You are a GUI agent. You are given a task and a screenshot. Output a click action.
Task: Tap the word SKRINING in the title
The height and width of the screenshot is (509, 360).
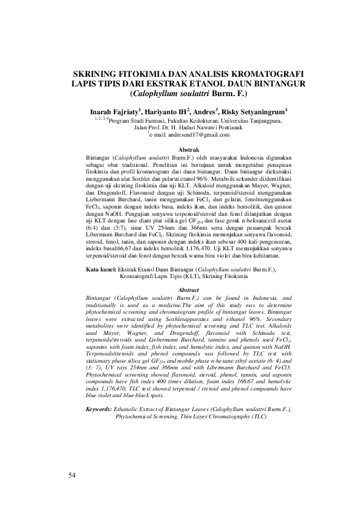coord(98,71)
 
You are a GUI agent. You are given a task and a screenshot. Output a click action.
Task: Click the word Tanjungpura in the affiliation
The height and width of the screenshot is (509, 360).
coord(260,120)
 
